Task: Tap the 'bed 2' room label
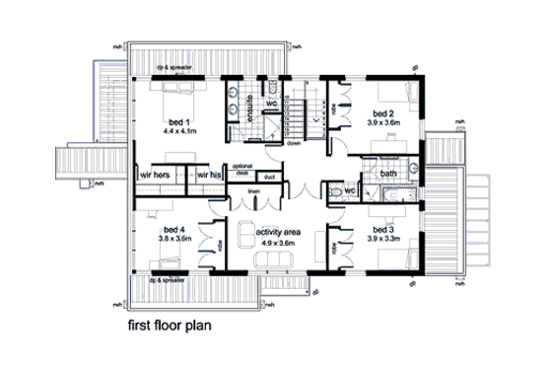[383, 113]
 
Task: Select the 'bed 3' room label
[381, 229]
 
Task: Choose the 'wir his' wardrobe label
[208, 174]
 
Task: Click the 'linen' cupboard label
[252, 188]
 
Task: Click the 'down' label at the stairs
[294, 143]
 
